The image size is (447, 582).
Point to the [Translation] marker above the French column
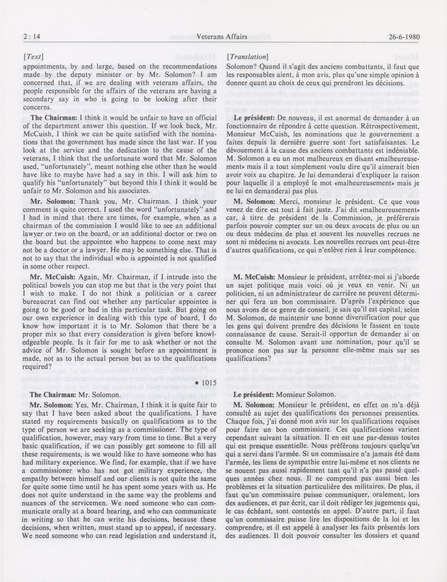point(247,57)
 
